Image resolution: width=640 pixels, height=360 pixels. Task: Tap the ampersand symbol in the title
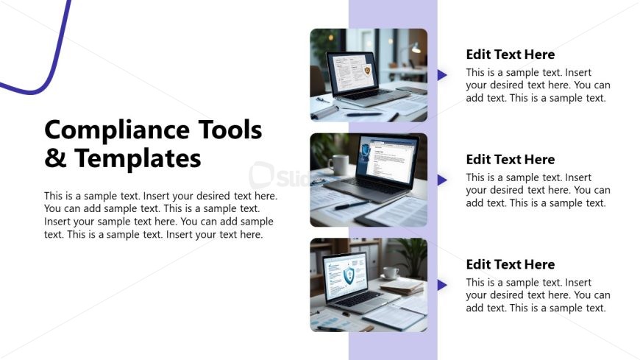click(x=55, y=158)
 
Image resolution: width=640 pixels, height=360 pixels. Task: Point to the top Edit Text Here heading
click(x=511, y=54)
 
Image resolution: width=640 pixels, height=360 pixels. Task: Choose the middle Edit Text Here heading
click(x=511, y=160)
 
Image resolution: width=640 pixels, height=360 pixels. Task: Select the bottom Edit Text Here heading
click(x=511, y=265)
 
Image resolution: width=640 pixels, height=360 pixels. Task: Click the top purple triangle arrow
click(x=441, y=74)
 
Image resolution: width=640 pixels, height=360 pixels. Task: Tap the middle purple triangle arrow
click(x=441, y=180)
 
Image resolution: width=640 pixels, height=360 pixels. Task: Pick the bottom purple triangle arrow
click(x=441, y=285)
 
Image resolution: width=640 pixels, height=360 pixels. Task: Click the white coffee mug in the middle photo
click(x=338, y=164)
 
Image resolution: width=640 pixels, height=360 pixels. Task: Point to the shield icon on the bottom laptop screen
click(x=349, y=276)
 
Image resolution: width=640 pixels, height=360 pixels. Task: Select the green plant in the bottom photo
click(x=411, y=254)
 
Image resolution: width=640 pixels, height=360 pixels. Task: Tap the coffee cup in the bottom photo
click(x=391, y=273)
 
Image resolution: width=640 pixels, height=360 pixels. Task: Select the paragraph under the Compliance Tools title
click(x=160, y=215)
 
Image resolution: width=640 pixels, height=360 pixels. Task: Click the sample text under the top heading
click(x=538, y=85)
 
